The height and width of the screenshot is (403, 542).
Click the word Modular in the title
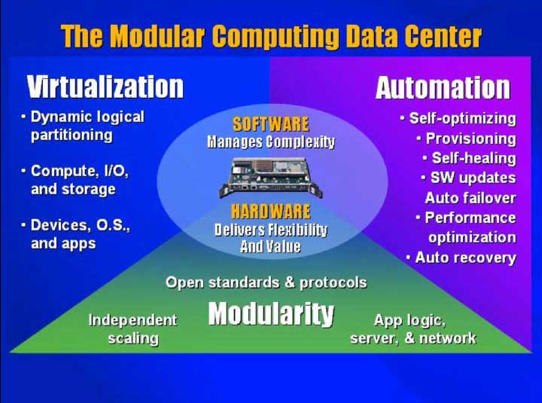point(159,36)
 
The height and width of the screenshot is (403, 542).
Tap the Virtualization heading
point(105,87)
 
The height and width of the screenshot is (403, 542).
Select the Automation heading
point(443,88)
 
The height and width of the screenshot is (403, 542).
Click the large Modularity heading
point(271,314)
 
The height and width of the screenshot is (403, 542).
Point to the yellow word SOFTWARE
point(271,124)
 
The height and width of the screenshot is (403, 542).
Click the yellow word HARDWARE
point(271,212)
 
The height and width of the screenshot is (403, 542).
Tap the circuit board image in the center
point(271,178)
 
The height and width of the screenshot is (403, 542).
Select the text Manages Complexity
point(271,142)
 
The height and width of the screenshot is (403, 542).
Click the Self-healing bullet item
point(470,158)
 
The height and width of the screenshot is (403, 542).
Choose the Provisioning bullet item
point(467,139)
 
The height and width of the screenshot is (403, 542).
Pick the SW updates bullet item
point(469,179)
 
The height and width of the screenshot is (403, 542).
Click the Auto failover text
point(470,198)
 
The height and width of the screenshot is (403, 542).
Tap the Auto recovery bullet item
point(461,258)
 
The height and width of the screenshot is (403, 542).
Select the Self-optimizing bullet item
point(458,119)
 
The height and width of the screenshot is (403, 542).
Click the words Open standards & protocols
point(266,282)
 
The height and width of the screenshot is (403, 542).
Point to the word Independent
point(133,320)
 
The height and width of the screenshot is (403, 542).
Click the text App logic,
point(410,320)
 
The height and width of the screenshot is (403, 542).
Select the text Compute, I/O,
point(80,171)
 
